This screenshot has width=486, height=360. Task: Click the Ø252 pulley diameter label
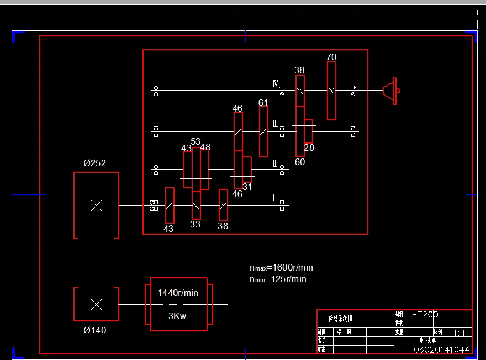[x=94, y=163]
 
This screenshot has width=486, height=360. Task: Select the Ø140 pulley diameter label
[x=94, y=331]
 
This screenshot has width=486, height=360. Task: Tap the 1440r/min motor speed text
[x=178, y=293]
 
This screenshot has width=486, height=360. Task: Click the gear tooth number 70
[x=331, y=57]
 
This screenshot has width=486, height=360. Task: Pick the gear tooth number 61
[x=263, y=103]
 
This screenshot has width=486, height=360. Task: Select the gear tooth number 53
[x=196, y=142]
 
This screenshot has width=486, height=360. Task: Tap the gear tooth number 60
[x=300, y=162]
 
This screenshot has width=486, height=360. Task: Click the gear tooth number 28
[x=309, y=148]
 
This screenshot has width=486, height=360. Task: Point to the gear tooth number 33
[x=196, y=225]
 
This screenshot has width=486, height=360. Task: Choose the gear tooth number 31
[x=247, y=187]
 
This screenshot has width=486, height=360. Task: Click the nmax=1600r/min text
[x=281, y=268]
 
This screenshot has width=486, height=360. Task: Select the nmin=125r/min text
[x=278, y=279]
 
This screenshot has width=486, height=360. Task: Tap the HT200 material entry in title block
[x=425, y=314]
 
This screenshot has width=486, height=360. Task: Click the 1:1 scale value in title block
[x=459, y=333]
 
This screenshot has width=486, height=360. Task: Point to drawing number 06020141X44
[x=442, y=350]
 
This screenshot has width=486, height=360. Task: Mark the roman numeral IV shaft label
[x=275, y=84]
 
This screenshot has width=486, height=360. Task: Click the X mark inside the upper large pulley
[x=97, y=206]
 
